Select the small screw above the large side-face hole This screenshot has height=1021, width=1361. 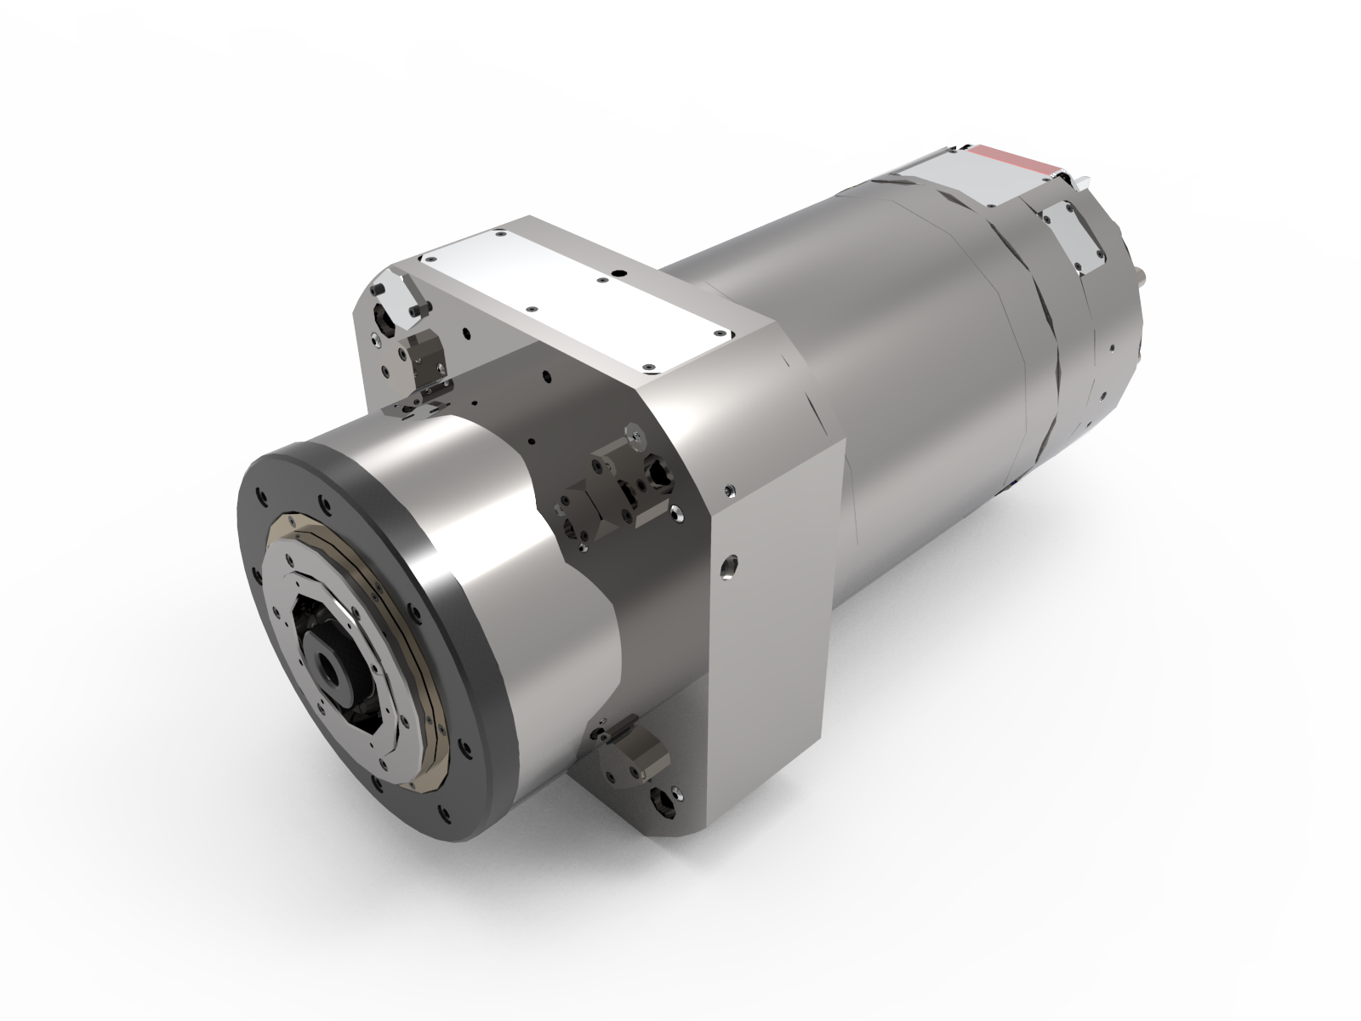[x=729, y=491]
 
